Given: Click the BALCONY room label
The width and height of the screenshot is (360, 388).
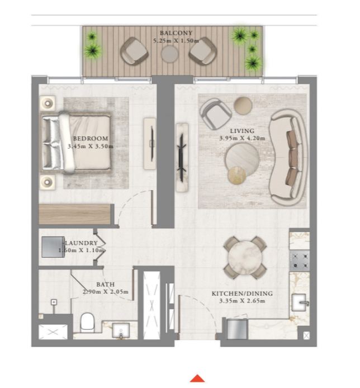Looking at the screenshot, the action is tap(176, 33).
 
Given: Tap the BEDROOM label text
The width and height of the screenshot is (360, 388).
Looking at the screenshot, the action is tap(91, 139).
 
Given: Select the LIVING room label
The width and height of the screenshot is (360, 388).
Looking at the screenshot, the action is tap(242, 131).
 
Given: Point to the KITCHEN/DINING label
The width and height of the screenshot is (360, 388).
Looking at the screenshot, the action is tap(242, 294).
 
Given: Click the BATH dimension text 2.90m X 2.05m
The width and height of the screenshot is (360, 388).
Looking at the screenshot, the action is tap(106, 292).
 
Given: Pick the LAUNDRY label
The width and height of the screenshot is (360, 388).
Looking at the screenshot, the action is tap(82, 243).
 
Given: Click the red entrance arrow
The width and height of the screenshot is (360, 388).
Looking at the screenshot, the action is tap(197, 378).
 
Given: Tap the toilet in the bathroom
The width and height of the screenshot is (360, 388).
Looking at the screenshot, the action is tap(87, 323).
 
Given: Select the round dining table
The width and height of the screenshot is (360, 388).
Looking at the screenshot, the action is tap(245, 258).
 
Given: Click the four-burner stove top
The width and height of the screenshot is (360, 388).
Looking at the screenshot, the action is tap(300, 261).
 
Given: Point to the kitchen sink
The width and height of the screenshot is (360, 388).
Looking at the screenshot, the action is tap(300, 302).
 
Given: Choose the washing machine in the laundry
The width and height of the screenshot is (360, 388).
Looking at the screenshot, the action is tap(53, 247).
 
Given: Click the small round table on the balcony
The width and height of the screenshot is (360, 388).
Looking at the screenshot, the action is tap(169, 55).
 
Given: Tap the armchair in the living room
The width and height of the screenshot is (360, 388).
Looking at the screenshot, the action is tap(216, 114).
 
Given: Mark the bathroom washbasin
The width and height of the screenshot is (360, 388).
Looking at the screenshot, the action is tap(121, 330).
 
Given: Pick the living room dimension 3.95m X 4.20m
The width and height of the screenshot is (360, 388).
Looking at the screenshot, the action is tap(242, 138).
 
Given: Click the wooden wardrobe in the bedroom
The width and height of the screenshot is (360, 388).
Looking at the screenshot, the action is tap(75, 214).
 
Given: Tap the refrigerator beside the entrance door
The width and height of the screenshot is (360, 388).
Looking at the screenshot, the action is tap(237, 329).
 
